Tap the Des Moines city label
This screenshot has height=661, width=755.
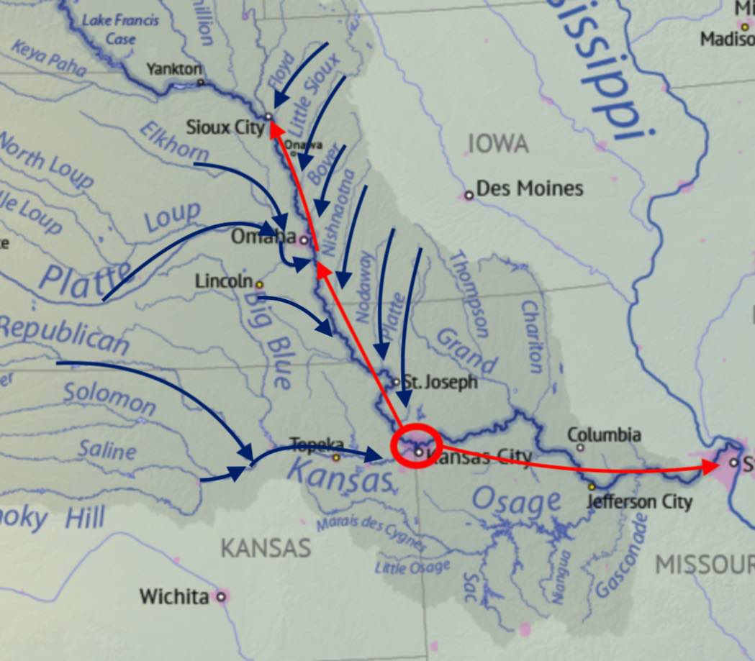(529, 189)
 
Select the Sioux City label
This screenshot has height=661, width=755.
(225, 128)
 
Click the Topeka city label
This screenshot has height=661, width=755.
(312, 444)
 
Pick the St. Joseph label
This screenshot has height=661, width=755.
(439, 382)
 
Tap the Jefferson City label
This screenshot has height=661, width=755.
(639, 501)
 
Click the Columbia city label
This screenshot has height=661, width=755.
(604, 435)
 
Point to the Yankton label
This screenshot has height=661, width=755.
(173, 69)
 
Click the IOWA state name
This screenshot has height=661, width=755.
(497, 144)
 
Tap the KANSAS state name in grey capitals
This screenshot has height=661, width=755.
(265, 548)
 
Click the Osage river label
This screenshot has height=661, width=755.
(516, 501)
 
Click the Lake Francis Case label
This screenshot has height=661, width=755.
(119, 29)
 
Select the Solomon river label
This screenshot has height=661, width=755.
(109, 398)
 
